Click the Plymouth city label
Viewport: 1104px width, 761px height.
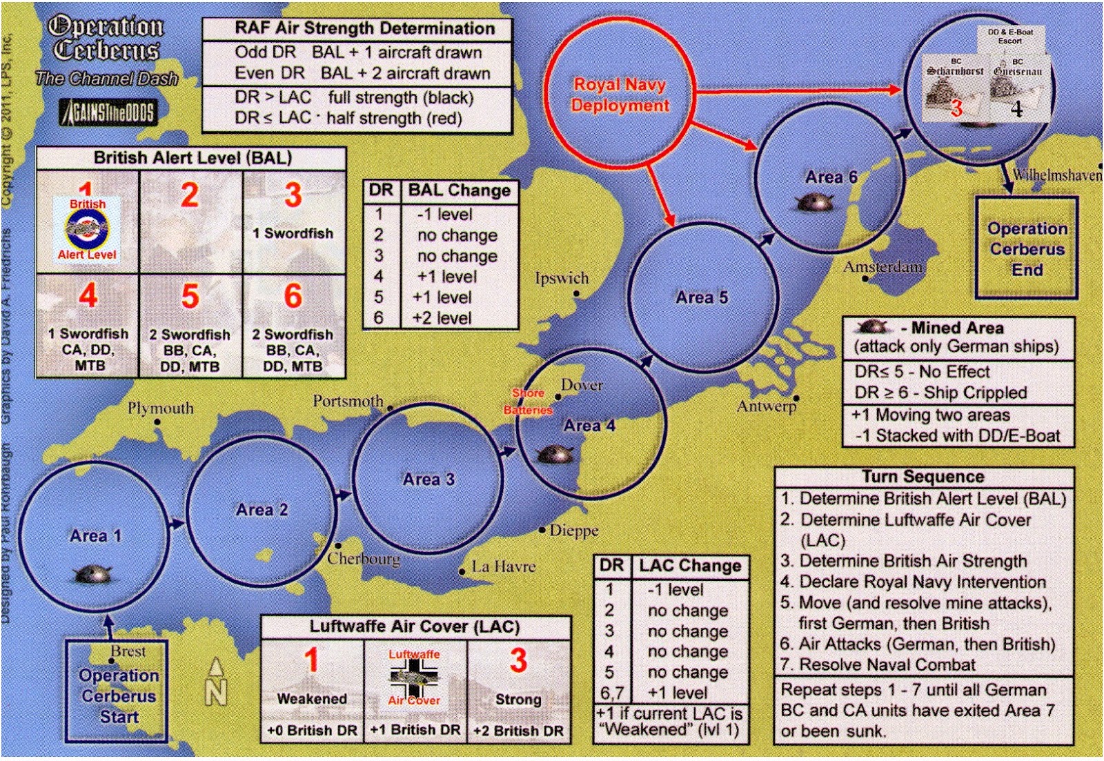pos(161,408)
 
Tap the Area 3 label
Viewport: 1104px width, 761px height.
pos(428,479)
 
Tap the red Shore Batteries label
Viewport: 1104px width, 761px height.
pos(528,402)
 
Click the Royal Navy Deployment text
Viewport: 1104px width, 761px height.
pos(620,95)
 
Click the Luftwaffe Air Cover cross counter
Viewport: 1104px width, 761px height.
pos(414,677)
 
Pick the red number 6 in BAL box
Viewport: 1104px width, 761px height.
pos(293,297)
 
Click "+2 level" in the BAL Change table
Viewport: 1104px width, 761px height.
pos(442,318)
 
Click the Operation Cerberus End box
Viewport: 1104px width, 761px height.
pos(1027,248)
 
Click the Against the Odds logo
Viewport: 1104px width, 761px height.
pos(108,112)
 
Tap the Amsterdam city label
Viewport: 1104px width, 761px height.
pos(883,266)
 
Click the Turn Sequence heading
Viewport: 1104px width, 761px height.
pos(923,477)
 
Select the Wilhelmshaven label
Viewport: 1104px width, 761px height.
pos(1056,175)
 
